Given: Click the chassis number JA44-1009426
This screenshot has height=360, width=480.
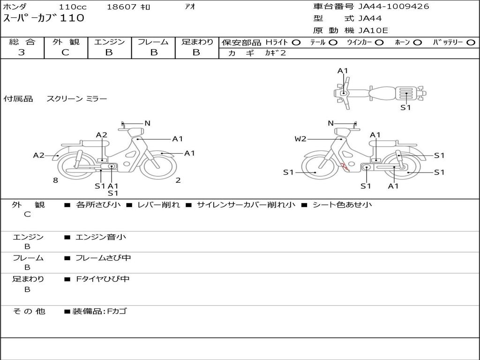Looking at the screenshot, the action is (394, 7).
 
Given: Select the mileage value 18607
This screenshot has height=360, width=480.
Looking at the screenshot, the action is (121, 7).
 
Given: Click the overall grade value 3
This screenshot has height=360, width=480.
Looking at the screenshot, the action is (22, 52).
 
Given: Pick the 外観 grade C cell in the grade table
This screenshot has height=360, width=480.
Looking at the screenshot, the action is (66, 52).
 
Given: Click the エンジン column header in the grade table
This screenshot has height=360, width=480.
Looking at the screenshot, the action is (109, 42).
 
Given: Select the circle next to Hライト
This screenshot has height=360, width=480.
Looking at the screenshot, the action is (296, 43).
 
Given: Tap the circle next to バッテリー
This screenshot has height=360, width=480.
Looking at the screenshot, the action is (471, 43).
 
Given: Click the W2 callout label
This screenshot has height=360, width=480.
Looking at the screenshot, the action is (300, 139).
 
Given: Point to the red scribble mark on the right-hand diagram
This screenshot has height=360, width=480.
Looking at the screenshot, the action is (345, 166).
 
